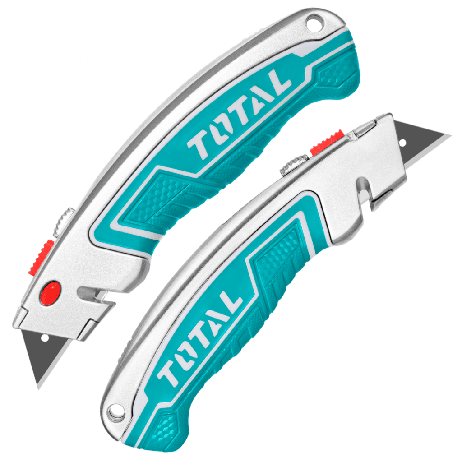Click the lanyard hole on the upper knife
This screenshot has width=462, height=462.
[x=314, y=23]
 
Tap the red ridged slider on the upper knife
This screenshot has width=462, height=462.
[x=42, y=257]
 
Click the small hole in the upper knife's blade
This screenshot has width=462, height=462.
[x=45, y=338]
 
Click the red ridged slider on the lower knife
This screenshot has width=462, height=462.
[x=327, y=142]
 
